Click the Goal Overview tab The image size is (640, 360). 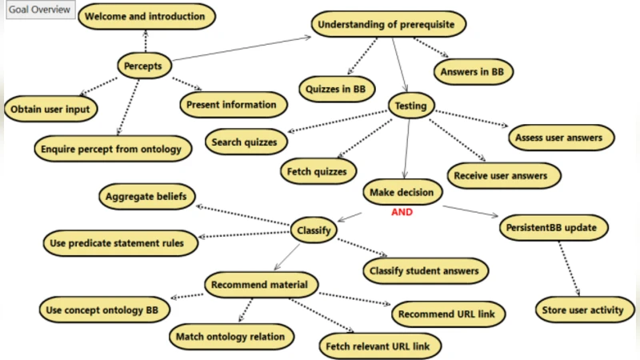[38, 10]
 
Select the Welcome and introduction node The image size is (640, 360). [145, 16]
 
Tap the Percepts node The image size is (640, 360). [144, 66]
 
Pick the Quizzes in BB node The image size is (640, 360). [336, 89]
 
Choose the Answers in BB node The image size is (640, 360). [472, 72]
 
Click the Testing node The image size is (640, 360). [411, 105]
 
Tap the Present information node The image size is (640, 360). [231, 104]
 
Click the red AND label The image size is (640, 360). [402, 213]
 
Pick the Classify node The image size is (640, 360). [314, 230]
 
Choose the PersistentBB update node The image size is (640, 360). [550, 227]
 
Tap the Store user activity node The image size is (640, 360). [583, 310]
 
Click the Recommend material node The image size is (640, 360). [262, 284]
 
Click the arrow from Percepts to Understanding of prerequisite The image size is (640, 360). [240, 48]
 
